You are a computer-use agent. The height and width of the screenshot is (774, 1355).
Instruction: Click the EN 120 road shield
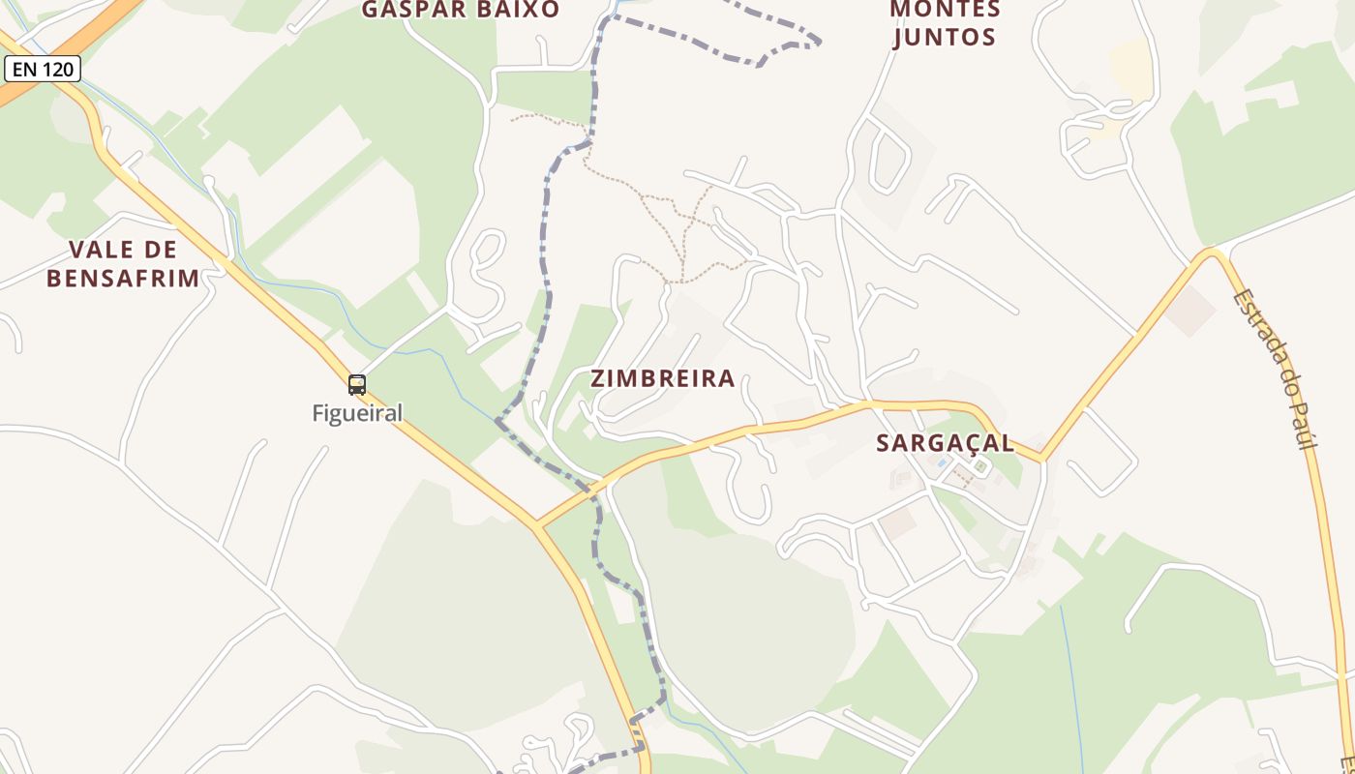[x=42, y=69]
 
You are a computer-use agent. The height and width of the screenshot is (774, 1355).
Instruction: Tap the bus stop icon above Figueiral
[x=357, y=384]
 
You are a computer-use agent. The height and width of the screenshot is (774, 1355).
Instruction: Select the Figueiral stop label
[x=357, y=413]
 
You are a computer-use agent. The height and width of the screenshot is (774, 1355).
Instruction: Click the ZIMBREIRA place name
[x=663, y=378]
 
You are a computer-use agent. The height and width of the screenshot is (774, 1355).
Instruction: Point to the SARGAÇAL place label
[x=945, y=443]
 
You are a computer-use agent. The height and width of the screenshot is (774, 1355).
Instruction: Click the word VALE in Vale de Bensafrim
[x=93, y=250]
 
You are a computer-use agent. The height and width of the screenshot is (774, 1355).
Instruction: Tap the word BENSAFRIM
[x=123, y=279]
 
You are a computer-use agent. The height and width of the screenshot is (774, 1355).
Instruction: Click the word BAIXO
[x=516, y=10]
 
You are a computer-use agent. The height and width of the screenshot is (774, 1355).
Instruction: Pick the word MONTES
[x=945, y=9]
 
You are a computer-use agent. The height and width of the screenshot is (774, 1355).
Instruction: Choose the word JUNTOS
[x=945, y=38]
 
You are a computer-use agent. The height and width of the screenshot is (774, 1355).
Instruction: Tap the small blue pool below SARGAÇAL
[x=942, y=463]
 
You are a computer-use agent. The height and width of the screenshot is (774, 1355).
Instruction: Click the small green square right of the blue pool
[x=980, y=468]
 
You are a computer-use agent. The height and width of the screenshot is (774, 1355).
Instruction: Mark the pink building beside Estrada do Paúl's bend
[x=1190, y=311]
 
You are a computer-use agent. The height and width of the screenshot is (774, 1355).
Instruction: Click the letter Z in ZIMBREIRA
[x=599, y=378]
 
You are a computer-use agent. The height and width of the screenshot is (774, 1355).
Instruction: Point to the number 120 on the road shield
[x=56, y=69]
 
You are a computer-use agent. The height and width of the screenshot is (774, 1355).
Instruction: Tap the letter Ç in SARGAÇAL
[x=962, y=444]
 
